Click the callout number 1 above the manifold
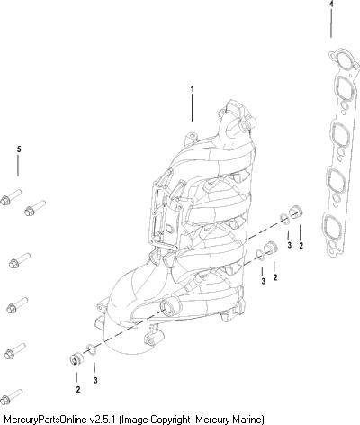193,89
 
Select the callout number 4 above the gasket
331,5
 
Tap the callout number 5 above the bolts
19,149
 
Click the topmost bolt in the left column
11,196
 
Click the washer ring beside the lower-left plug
92,349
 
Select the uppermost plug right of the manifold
296,212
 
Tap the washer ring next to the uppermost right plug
285,219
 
